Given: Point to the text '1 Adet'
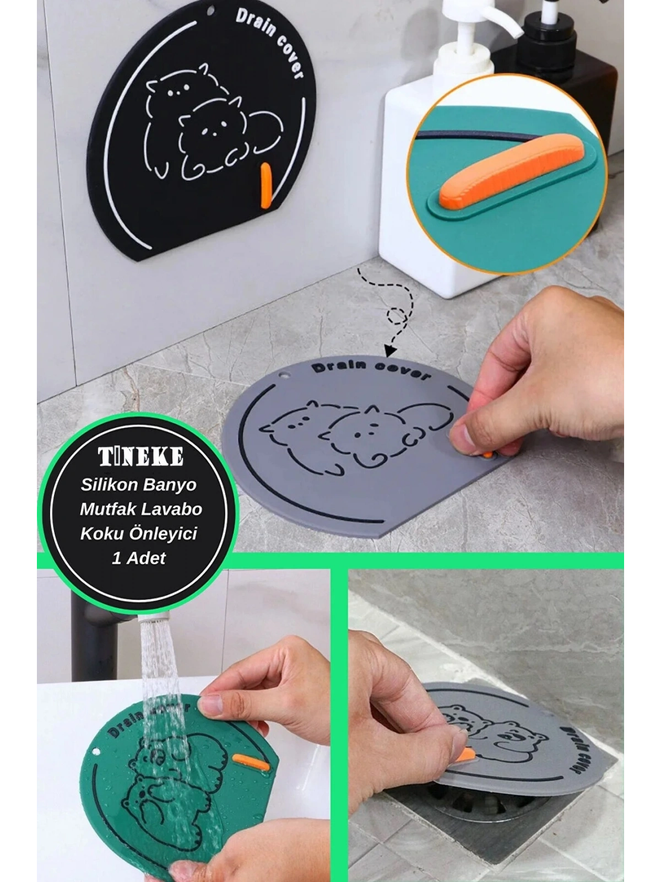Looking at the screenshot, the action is click(138, 558).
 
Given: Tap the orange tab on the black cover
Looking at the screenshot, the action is click(266, 186).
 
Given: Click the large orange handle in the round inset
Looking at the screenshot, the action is click(511, 170).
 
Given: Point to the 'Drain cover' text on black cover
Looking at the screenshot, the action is click(269, 43).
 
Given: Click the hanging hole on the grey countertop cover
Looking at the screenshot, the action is click(284, 375).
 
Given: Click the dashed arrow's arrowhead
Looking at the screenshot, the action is click(389, 351).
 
